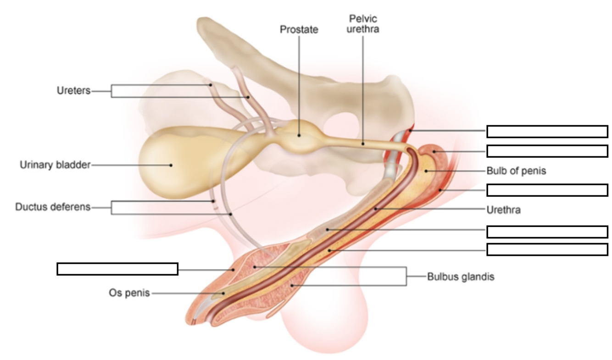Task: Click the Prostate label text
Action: [x=299, y=29]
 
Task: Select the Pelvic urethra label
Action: [x=363, y=24]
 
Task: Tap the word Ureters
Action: [x=73, y=91]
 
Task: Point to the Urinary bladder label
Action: [x=55, y=165]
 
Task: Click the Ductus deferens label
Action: [x=53, y=207]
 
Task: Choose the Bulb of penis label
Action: [x=516, y=171]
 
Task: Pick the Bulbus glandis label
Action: [x=461, y=277]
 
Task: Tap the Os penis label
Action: [x=129, y=293]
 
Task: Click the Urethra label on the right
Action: [x=503, y=210]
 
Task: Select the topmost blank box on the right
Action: [x=547, y=132]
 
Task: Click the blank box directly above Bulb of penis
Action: [x=547, y=151]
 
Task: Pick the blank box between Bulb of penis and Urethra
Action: [x=547, y=190]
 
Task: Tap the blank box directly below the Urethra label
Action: [x=547, y=232]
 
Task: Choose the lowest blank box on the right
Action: [x=547, y=249]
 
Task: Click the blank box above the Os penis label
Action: [x=117, y=269]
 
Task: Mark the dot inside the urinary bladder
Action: [x=171, y=165]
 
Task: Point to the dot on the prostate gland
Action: [x=299, y=135]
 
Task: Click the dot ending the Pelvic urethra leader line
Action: [x=363, y=144]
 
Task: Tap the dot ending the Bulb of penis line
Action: [x=426, y=171]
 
